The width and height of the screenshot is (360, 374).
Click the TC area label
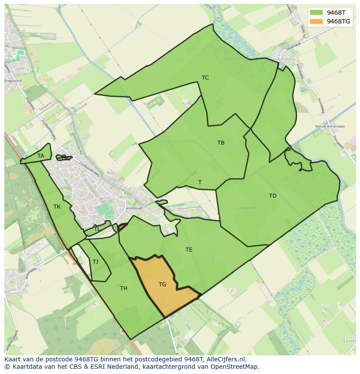click(x=205, y=78)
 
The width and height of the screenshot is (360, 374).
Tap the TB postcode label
click(x=221, y=143)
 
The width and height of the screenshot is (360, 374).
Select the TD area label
click(x=273, y=196)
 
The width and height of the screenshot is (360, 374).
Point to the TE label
click(x=189, y=250)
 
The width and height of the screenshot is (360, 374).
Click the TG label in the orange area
click(x=162, y=285)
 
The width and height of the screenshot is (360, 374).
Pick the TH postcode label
click(x=123, y=288)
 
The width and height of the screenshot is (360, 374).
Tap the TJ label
click(x=96, y=262)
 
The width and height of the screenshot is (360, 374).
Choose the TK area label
click(x=57, y=207)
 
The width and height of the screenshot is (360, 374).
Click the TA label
click(x=41, y=156)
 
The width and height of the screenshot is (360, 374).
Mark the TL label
click(x=97, y=229)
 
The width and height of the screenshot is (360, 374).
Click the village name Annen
click(x=129, y=196)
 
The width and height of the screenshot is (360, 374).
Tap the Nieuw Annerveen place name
click(x=330, y=126)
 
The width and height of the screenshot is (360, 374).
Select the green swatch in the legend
click(x=317, y=13)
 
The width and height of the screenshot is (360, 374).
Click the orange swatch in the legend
click(x=317, y=21)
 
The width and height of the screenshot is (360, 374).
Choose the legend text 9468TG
click(x=338, y=21)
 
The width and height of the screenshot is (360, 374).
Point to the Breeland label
click(x=248, y=208)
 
